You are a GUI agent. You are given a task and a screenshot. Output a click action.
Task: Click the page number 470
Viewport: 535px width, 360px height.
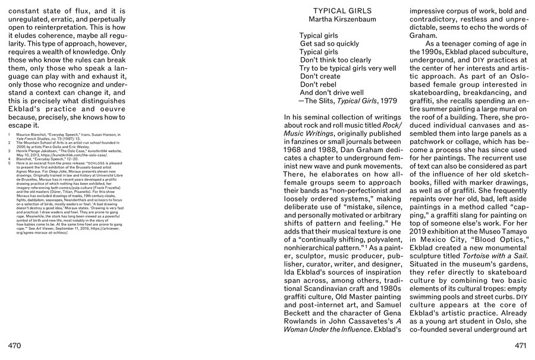[x=17, y=345]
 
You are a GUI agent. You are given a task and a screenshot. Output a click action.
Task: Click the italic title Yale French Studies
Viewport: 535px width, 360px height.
[x=33, y=140]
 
